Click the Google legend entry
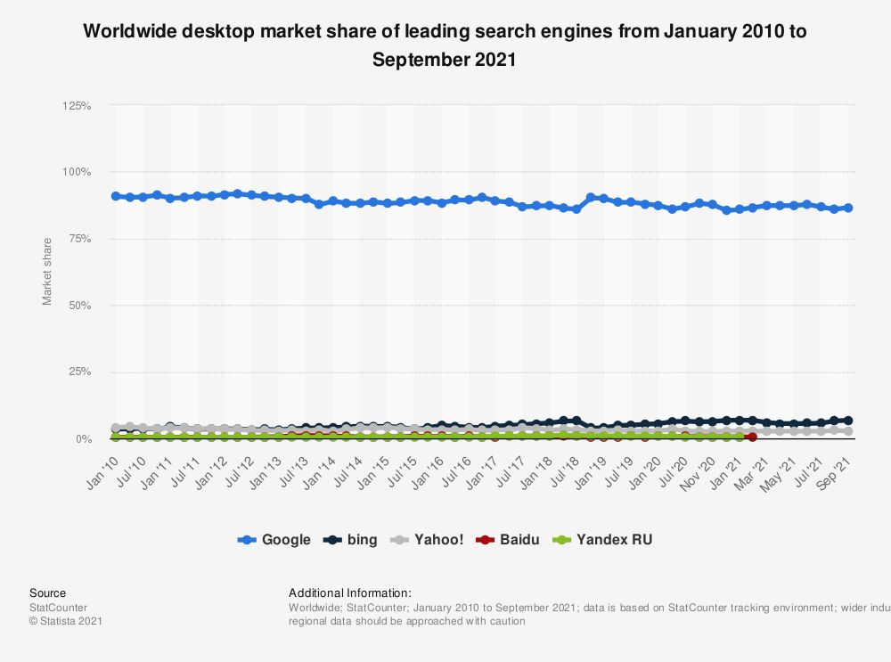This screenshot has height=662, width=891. pyautogui.click(x=274, y=539)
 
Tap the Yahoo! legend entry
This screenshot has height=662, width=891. pyautogui.click(x=429, y=539)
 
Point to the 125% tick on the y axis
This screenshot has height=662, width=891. pyautogui.click(x=77, y=106)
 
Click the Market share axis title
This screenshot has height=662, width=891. pyautogui.click(x=47, y=272)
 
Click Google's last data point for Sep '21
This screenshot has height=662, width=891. pyautogui.click(x=848, y=208)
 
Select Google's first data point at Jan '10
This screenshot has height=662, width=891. pyautogui.click(x=116, y=196)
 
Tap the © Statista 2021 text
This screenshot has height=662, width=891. pyautogui.click(x=66, y=621)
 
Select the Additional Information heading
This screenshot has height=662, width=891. pyautogui.click(x=350, y=593)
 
